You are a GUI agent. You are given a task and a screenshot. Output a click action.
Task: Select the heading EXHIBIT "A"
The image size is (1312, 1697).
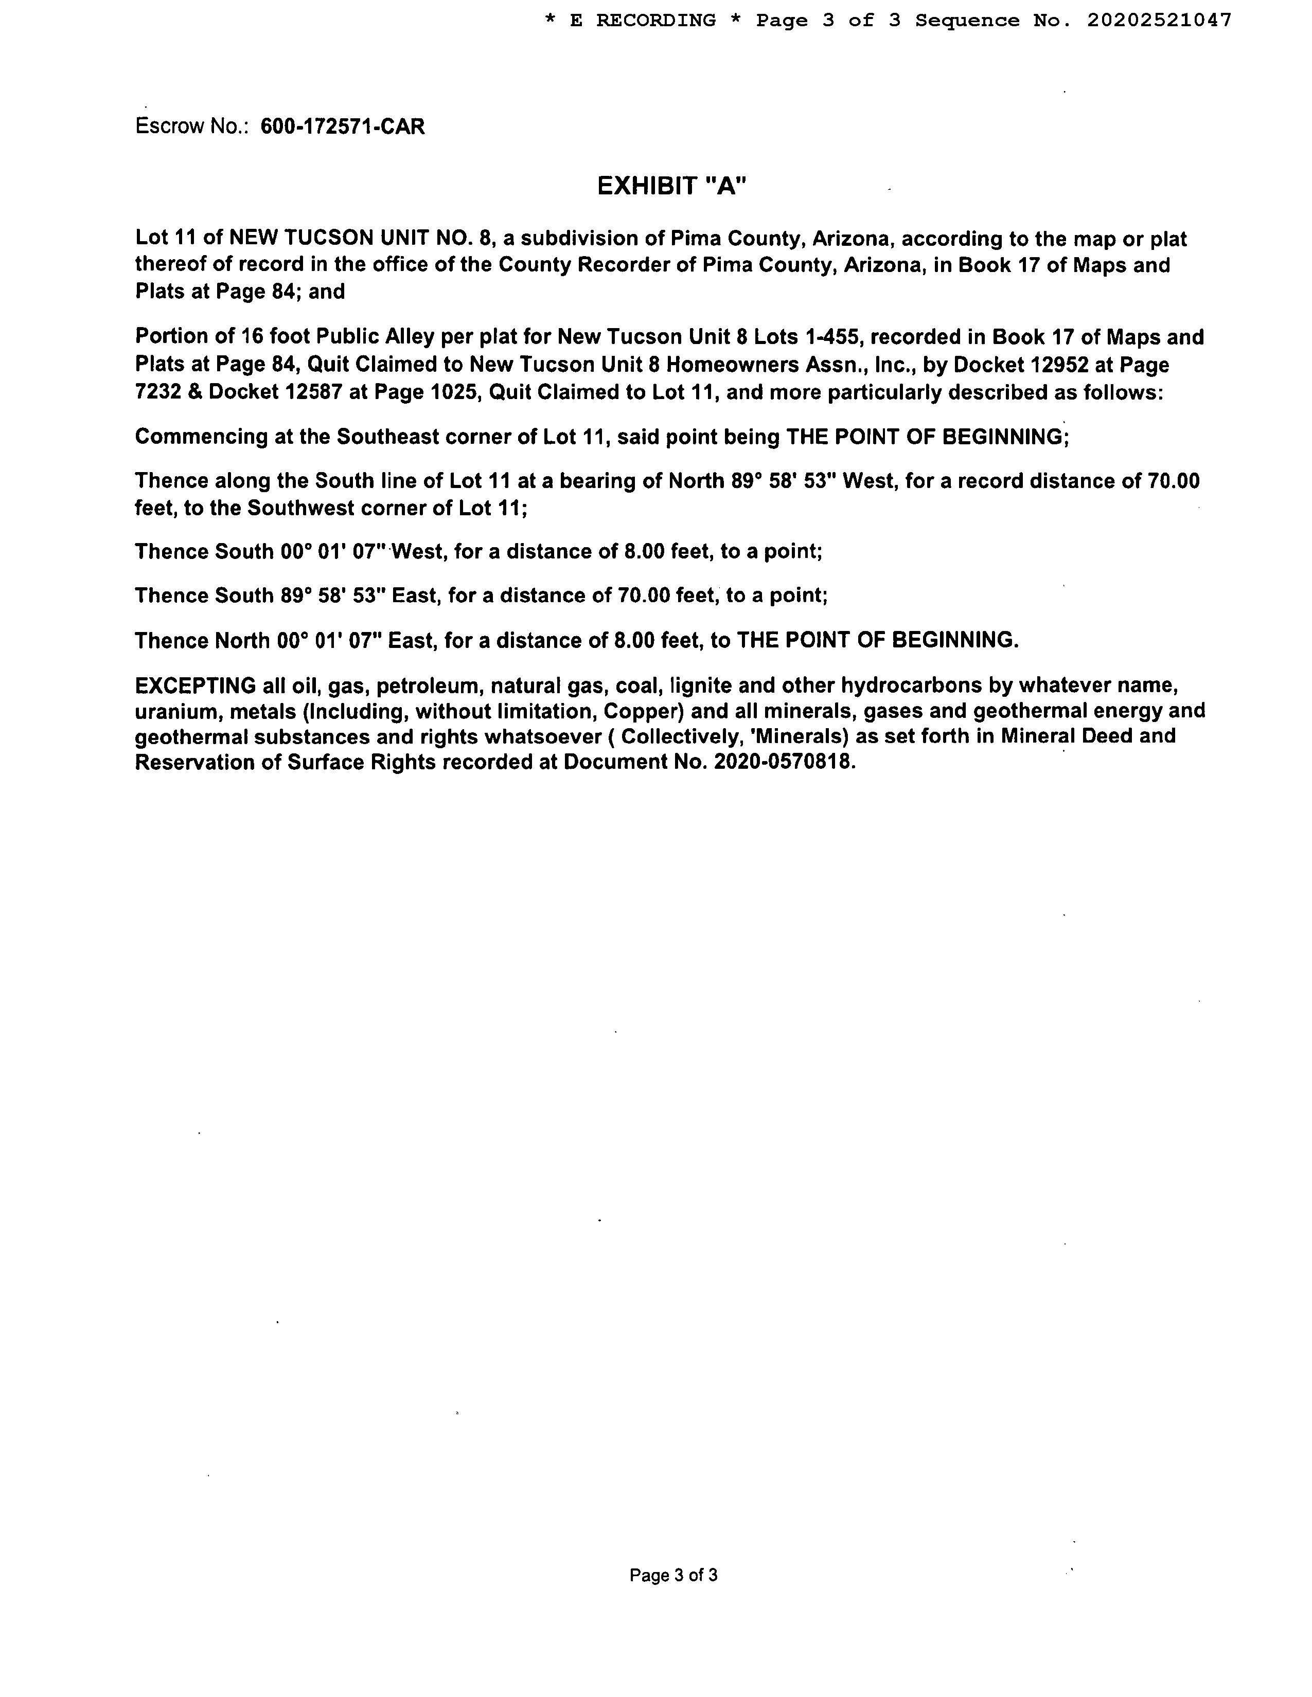click(x=671, y=187)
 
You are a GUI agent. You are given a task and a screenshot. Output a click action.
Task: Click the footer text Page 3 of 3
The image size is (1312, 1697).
click(x=673, y=1575)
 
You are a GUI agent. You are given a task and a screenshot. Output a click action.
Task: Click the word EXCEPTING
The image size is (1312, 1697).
click(x=195, y=685)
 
